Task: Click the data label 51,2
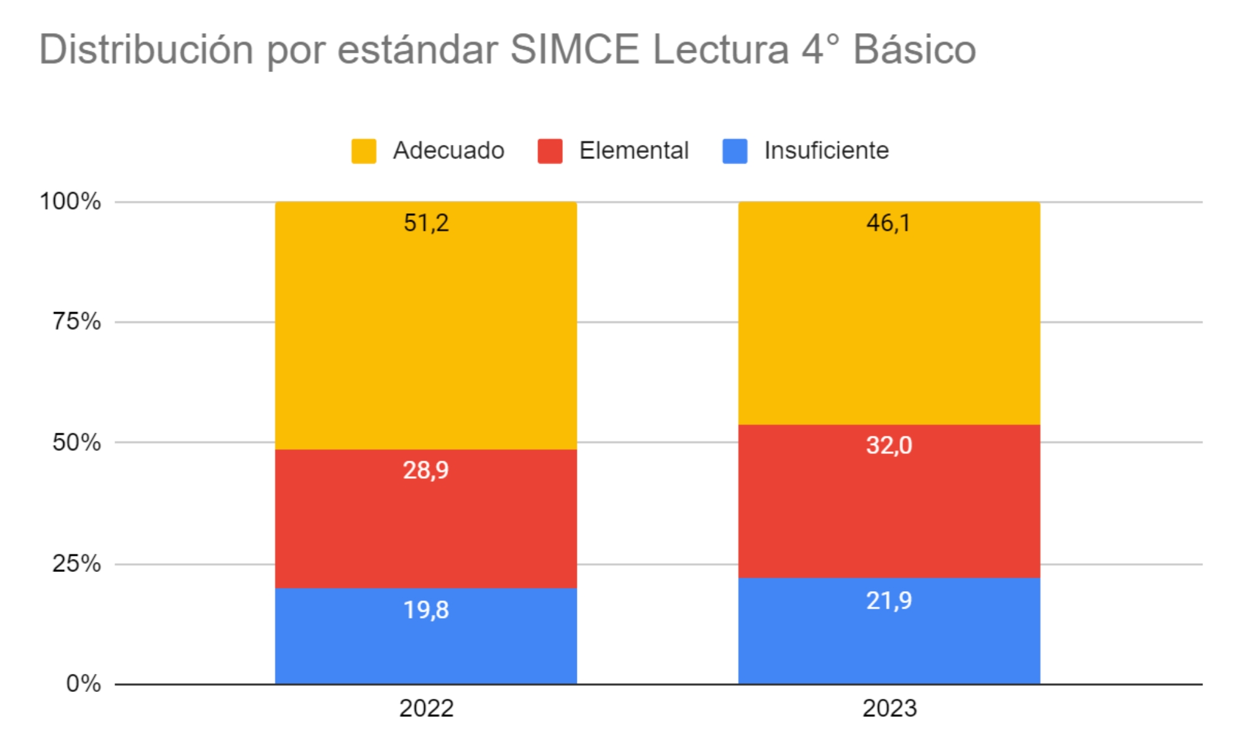(x=426, y=223)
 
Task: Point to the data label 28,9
(x=426, y=470)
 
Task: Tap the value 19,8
(x=426, y=610)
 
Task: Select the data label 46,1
(x=889, y=223)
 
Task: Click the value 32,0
(x=889, y=445)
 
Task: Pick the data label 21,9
(x=889, y=601)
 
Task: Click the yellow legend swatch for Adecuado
(x=364, y=151)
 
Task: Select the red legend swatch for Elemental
(x=550, y=151)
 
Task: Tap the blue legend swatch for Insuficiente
(x=735, y=151)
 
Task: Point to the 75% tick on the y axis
(x=76, y=321)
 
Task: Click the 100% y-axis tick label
(x=70, y=201)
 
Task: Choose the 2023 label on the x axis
(x=889, y=708)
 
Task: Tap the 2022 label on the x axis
(x=426, y=708)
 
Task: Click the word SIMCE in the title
(x=575, y=49)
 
